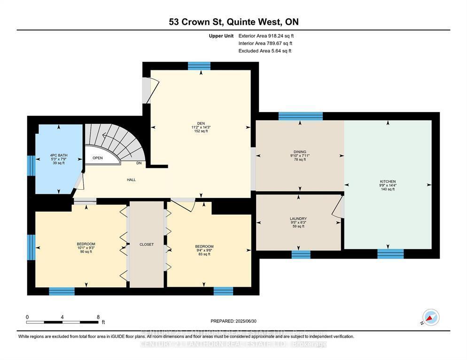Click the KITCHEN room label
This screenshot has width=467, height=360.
coord(388,182)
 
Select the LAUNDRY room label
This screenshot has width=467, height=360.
coord(298,219)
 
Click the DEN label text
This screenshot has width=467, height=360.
coord(200,123)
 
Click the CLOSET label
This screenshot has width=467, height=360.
coord(147,245)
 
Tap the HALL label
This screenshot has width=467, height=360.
coord(131,180)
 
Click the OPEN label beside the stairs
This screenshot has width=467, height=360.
coord(97,158)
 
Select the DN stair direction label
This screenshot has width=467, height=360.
coord(139,163)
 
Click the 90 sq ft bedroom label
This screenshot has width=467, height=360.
coord(86,244)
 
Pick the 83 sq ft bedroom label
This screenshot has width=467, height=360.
coord(204,247)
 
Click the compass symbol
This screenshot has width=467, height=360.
coord(430,318)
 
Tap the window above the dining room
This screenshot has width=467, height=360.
coord(300,116)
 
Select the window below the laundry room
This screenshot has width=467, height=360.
coord(301,254)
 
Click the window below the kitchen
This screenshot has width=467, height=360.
coord(390,254)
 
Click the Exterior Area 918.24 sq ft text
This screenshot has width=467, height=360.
coord(265,36)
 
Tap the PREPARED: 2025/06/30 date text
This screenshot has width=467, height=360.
coord(233,321)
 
